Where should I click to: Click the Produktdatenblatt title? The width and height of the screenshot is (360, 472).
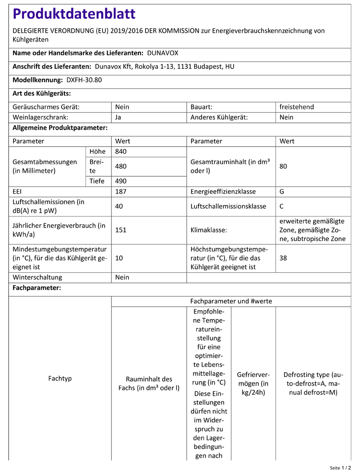(74, 14)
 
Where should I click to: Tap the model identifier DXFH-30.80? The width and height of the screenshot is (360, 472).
(84, 80)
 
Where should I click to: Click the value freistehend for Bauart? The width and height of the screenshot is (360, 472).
(297, 107)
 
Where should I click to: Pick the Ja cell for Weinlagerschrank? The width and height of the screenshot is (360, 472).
(119, 117)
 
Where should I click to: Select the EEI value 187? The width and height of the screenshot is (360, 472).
(121, 192)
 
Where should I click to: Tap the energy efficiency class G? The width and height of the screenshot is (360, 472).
(282, 192)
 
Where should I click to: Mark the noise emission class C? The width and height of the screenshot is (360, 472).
(282, 206)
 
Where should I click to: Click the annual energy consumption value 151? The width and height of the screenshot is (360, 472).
(121, 230)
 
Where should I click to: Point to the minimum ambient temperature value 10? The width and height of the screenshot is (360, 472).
(119, 258)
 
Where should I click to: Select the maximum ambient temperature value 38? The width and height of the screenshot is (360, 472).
(284, 258)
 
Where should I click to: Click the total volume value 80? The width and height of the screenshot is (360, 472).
(284, 167)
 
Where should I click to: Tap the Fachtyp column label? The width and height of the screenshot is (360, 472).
(60, 378)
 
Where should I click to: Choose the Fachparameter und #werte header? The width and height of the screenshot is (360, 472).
(231, 302)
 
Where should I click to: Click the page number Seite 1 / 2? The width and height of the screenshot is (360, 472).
(340, 467)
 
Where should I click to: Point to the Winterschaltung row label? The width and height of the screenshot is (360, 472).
(37, 278)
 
